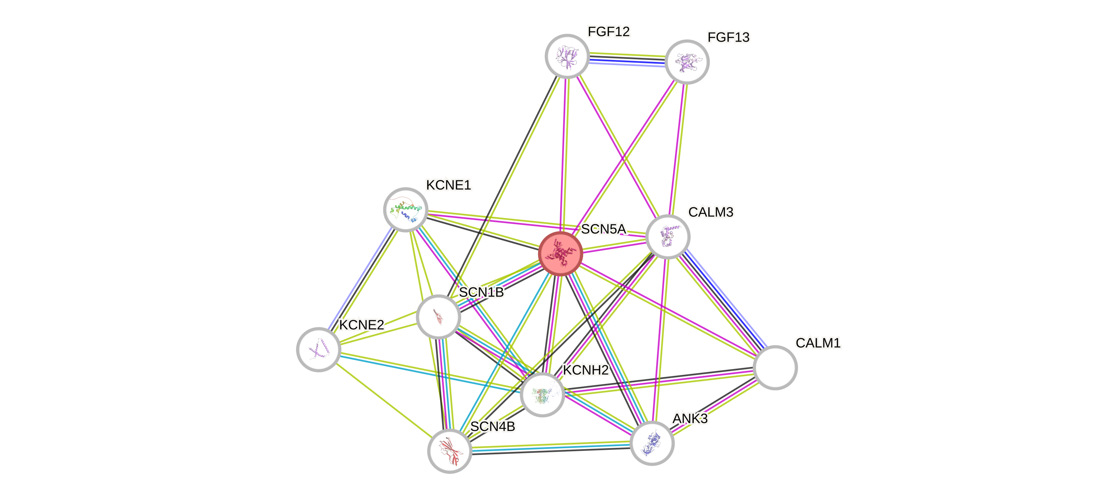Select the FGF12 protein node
click(x=567, y=56)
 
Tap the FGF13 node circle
click(x=687, y=62)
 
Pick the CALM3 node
click(x=668, y=237)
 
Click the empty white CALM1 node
click(x=775, y=367)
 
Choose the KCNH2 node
click(x=542, y=394)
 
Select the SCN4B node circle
click(x=450, y=451)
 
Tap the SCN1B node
click(x=438, y=317)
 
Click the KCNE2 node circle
click(x=319, y=349)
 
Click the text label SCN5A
click(x=604, y=230)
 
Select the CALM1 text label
click(x=818, y=343)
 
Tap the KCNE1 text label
click(x=448, y=185)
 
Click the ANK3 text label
click(x=690, y=419)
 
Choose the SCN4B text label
click(x=492, y=427)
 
